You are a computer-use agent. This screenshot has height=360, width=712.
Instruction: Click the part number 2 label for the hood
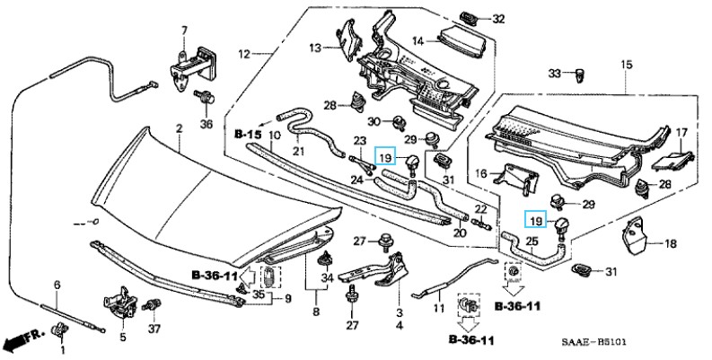tap(179, 129)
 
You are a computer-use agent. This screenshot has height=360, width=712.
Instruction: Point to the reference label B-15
tap(248, 135)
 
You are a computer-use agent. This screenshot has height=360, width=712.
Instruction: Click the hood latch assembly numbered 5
tap(120, 302)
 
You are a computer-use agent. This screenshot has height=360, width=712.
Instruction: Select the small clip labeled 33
tap(580, 75)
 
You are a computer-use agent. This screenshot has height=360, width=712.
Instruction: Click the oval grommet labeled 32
tap(468, 19)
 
